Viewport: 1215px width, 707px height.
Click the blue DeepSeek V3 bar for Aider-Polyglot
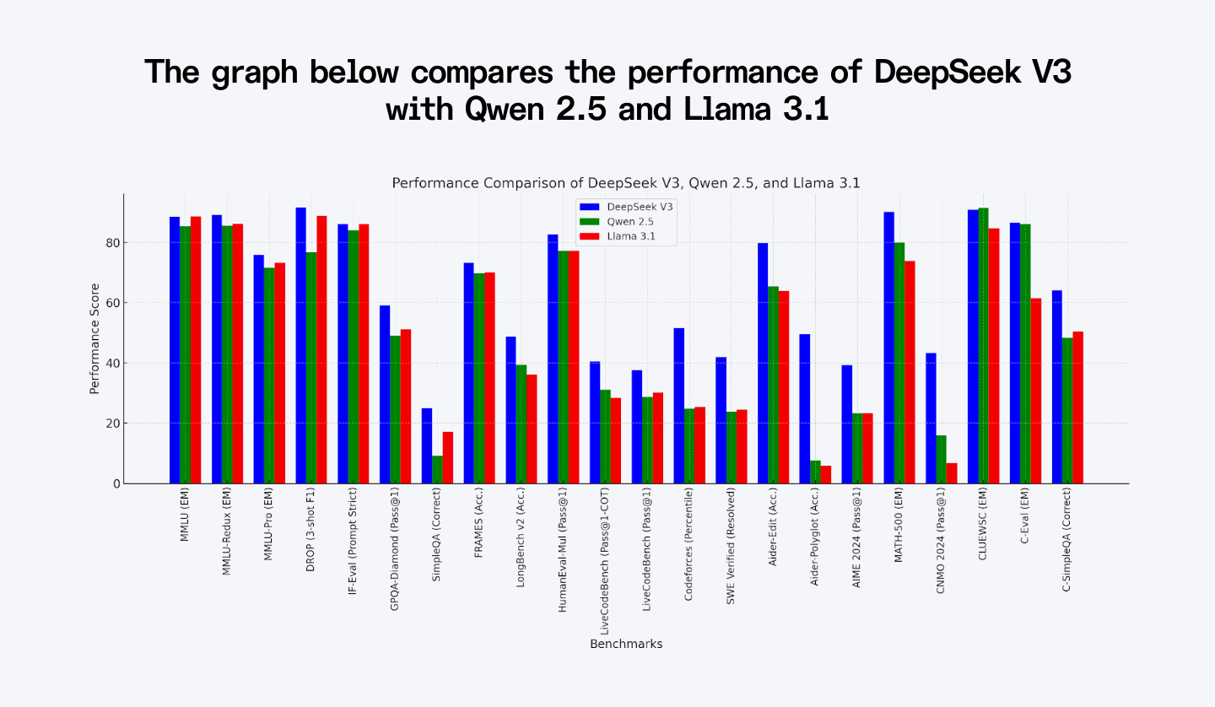click(805, 409)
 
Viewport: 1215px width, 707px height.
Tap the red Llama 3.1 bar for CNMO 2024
click(952, 473)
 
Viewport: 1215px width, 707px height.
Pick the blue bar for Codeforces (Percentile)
click(679, 406)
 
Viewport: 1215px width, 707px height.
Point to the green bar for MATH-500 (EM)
click(899, 363)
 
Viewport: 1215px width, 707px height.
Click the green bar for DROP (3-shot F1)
click(311, 368)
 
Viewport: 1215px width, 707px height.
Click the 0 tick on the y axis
click(116, 483)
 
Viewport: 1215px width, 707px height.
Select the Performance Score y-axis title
click(94, 338)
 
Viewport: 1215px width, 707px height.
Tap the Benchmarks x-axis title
click(625, 644)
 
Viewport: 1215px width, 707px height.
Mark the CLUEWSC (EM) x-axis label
click(983, 526)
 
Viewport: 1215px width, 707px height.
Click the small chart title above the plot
click(625, 183)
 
